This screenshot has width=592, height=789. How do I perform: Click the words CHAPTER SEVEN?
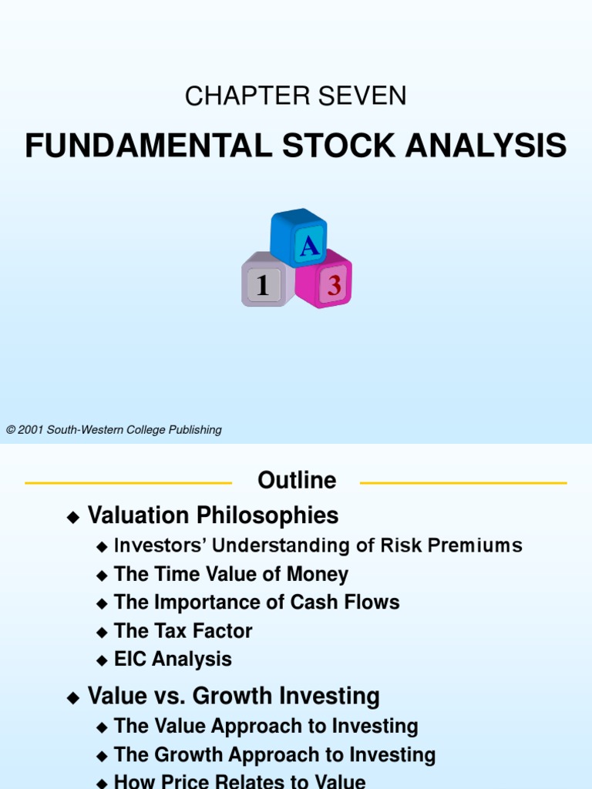[x=295, y=96]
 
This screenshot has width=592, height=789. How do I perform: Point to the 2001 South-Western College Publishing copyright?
[x=114, y=430]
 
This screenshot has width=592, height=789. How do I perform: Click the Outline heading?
[x=297, y=481]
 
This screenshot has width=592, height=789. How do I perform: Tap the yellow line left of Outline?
[x=128, y=483]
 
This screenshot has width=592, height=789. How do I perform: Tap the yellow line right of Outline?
[x=463, y=483]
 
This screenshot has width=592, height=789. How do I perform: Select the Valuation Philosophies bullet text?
[x=213, y=515]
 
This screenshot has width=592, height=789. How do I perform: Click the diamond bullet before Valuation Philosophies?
[x=73, y=518]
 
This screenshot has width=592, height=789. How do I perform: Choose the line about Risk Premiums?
[x=318, y=546]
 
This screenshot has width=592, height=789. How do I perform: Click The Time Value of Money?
[x=230, y=574]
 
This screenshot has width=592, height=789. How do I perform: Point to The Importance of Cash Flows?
[x=257, y=602]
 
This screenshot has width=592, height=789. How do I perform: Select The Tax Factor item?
[x=183, y=631]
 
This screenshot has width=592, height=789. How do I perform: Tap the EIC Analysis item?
[x=173, y=659]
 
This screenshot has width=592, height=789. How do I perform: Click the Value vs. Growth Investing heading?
[x=234, y=697]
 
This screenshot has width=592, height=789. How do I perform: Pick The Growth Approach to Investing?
[x=274, y=754]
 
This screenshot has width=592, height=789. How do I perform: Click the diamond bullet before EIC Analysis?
[x=103, y=661]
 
